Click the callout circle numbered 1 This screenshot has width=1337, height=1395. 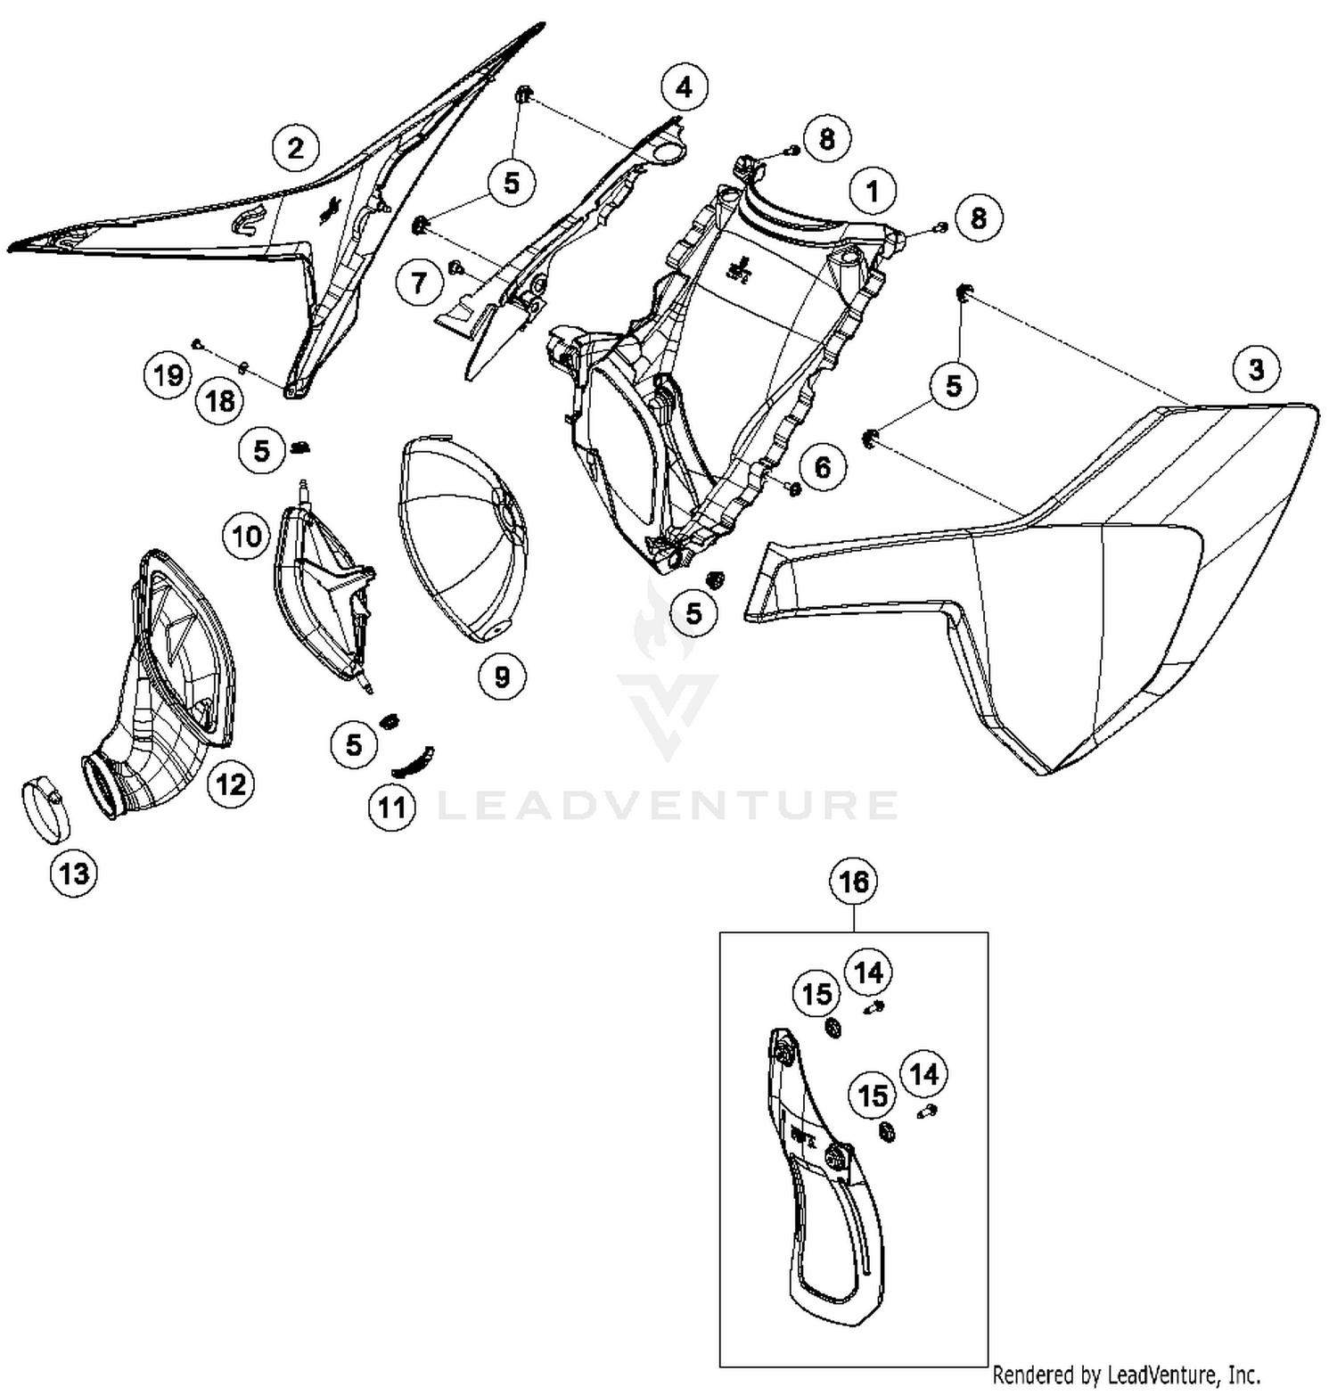[872, 191]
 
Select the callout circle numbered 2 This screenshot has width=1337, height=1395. [296, 147]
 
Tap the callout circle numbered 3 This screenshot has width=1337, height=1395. [1256, 368]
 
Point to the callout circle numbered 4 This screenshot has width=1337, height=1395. [684, 87]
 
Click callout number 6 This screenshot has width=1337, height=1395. [822, 467]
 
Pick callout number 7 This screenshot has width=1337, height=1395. [419, 283]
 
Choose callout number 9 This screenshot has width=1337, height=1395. [502, 677]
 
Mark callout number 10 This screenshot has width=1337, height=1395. [247, 536]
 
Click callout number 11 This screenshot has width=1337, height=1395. [392, 808]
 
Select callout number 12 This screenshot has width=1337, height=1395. [231, 784]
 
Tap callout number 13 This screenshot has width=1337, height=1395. [74, 872]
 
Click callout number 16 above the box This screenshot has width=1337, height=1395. [853, 882]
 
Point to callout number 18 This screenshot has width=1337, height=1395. [220, 401]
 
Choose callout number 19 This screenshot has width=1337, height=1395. [168, 374]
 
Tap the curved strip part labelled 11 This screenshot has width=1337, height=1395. [414, 760]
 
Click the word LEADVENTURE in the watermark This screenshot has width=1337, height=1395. [668, 804]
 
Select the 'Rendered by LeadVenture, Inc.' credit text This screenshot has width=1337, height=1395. [1127, 1374]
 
